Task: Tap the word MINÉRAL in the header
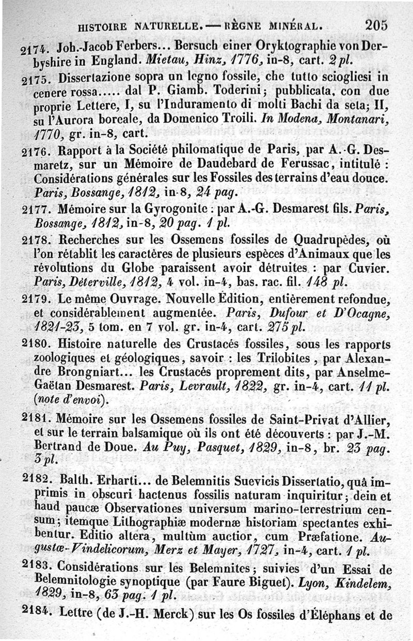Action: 296,25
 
